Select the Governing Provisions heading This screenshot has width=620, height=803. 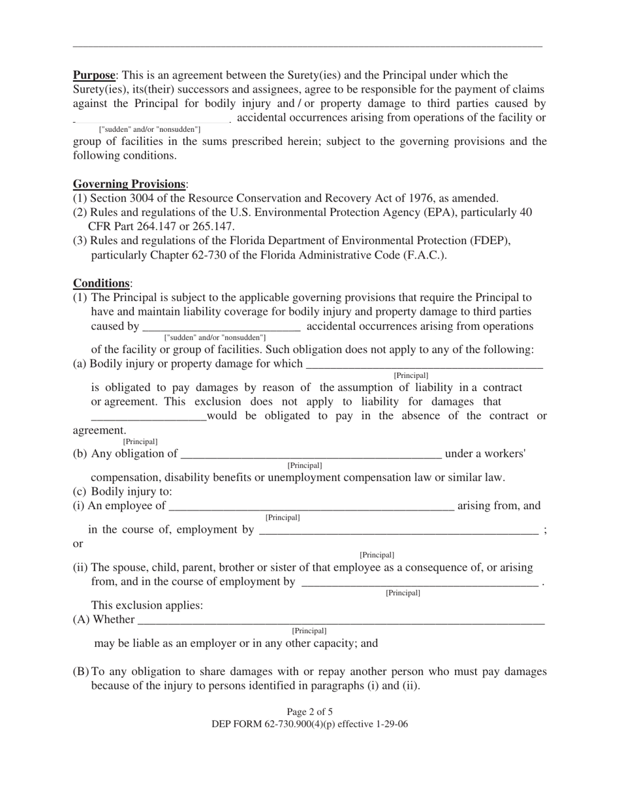click(129, 183)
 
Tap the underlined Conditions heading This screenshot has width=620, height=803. click(101, 283)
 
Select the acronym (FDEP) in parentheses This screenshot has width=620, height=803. click(488, 241)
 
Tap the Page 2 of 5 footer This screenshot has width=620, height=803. click(309, 712)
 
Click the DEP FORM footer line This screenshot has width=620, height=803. click(309, 724)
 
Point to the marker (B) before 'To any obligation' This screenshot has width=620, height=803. click(80, 672)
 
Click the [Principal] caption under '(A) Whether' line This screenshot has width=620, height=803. click(309, 631)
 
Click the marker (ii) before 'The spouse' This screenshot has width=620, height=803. click(80, 567)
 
